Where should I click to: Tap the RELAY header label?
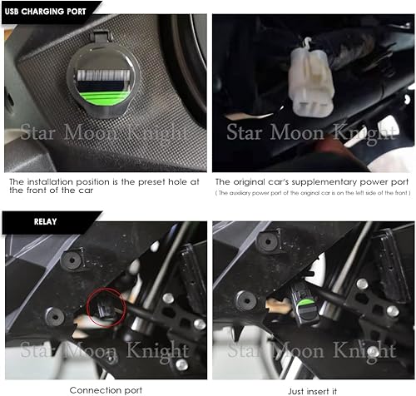22,223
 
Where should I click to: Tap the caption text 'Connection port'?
106,388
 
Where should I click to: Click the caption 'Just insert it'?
312,388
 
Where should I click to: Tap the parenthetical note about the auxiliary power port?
312,193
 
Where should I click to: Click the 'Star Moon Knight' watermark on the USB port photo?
102,131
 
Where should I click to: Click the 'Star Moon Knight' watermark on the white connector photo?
312,131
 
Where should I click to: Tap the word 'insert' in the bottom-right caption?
312,388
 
